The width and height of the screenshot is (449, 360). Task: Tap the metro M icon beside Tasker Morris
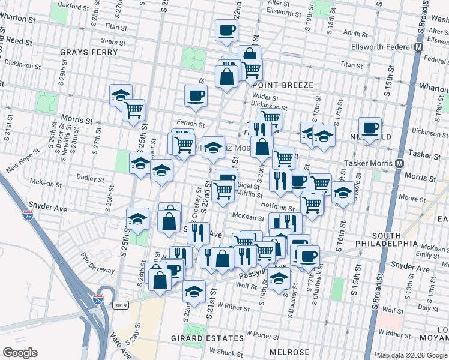click(399, 163)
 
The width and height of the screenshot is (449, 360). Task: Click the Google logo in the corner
click(19, 353)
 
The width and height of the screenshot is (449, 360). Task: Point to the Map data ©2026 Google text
click(412, 355)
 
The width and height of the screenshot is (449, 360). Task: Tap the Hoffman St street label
click(276, 207)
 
